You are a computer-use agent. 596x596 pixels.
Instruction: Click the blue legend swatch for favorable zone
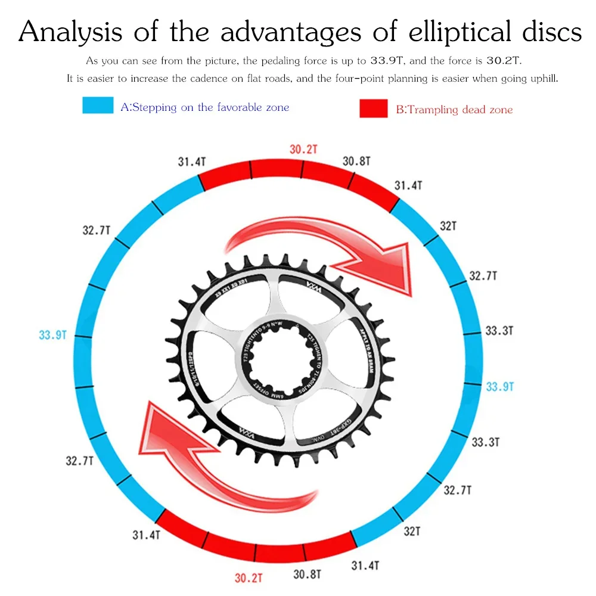coord(98,105)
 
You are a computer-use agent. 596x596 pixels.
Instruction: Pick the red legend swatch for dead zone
coord(374,108)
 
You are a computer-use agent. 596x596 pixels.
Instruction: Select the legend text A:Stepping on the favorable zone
coord(204,107)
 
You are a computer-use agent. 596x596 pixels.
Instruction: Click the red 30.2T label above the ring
coord(303,150)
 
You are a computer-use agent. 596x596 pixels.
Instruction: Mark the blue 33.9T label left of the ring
coord(52,335)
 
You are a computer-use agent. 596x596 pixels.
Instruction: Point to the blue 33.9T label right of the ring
coord(499,386)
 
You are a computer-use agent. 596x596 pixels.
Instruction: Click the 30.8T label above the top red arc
coord(356,161)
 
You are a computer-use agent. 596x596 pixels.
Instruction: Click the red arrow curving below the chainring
coord(221,459)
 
